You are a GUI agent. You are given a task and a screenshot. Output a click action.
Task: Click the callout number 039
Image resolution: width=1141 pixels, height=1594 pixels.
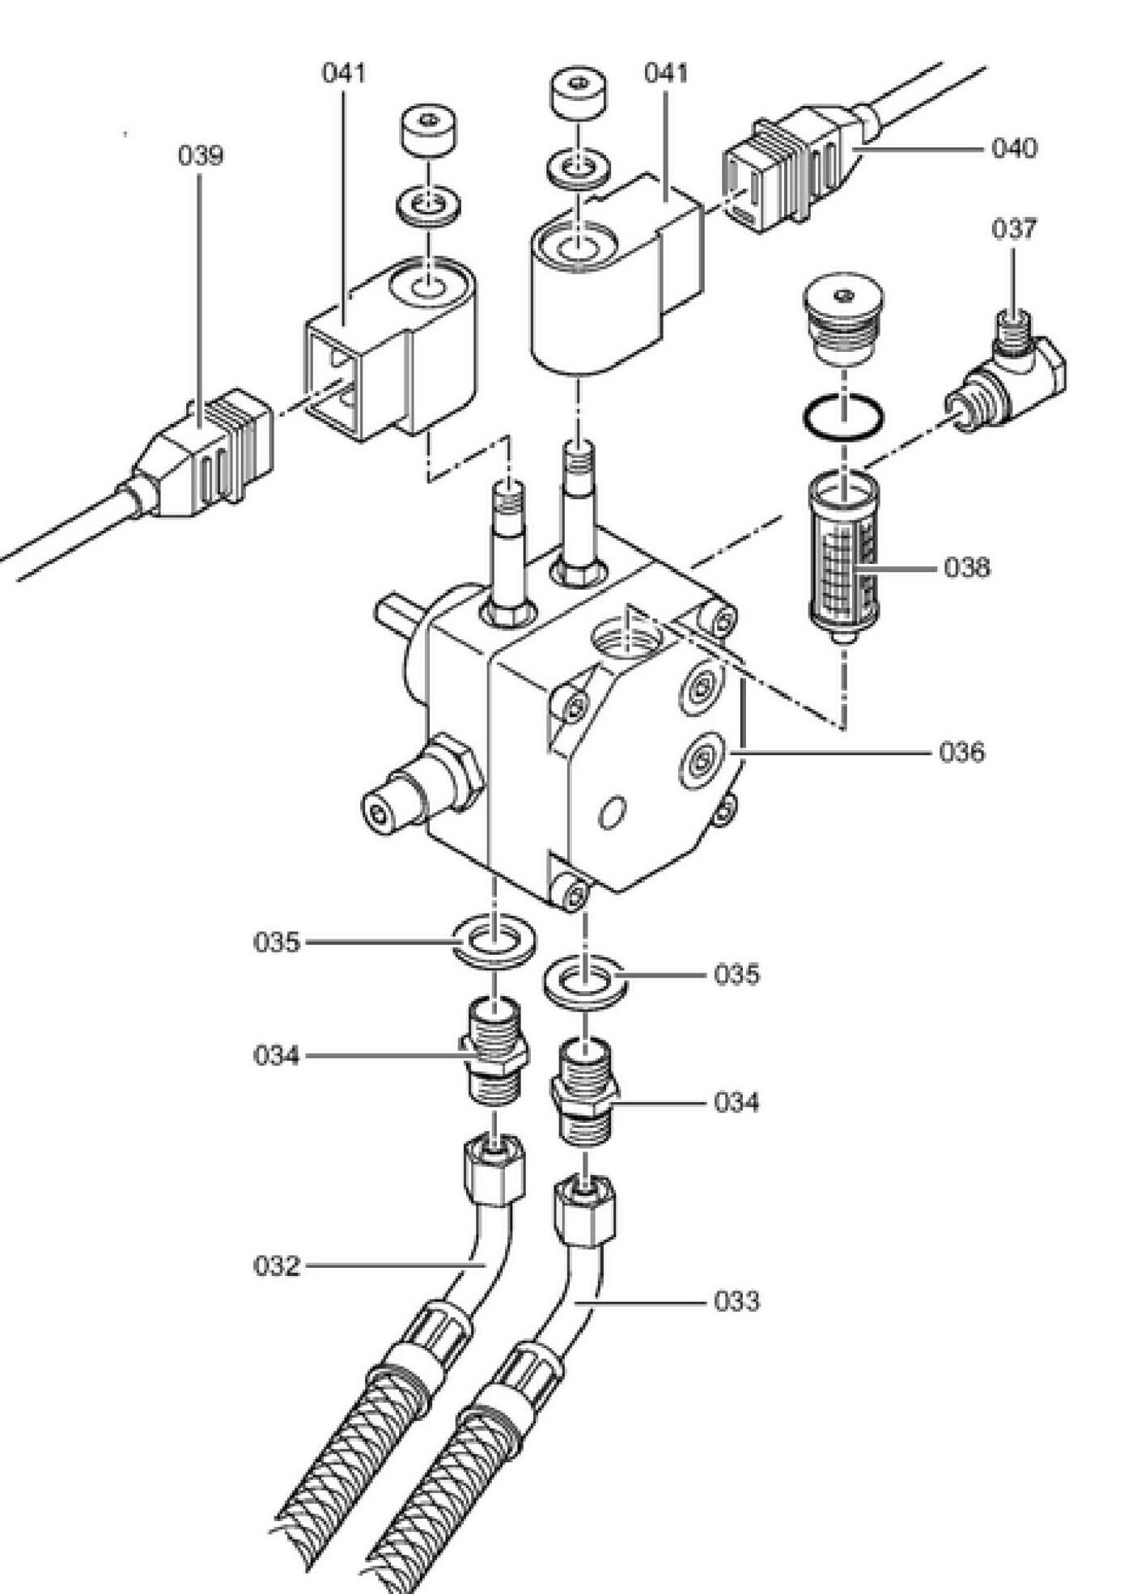(200, 156)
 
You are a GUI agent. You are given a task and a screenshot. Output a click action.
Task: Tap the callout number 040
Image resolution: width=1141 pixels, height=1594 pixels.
(1014, 149)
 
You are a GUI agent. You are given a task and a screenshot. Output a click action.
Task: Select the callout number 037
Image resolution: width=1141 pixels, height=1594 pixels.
(1014, 229)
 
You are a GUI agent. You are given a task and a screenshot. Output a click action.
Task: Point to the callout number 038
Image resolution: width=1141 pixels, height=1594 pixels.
(966, 568)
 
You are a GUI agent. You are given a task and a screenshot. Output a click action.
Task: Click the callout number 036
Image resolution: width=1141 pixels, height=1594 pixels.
(962, 752)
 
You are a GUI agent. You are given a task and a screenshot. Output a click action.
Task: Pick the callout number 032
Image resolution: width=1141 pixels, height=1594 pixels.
(277, 1266)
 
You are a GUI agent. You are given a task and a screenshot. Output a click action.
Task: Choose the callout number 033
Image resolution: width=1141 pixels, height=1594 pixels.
(736, 1302)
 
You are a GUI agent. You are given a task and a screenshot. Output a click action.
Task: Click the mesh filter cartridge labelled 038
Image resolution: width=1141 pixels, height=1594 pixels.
(843, 558)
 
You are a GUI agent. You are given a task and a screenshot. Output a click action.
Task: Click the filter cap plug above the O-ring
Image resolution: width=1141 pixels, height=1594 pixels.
(843, 320)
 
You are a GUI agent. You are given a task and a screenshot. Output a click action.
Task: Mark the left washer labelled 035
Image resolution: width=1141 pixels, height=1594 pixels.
(494, 940)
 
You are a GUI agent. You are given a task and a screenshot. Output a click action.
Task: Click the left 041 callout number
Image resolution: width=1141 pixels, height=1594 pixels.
(344, 73)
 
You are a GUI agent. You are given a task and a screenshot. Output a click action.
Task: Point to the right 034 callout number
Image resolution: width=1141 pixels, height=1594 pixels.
(736, 1102)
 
